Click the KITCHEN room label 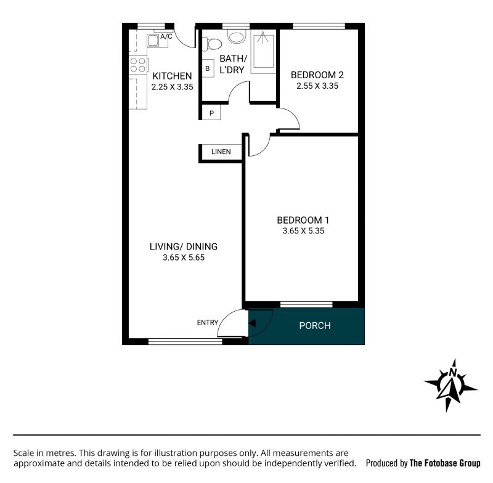(x=172, y=76)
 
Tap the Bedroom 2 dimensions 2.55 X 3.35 (x=317, y=86)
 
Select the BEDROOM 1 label (x=303, y=220)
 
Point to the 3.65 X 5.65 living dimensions (x=184, y=258)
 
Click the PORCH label (x=315, y=325)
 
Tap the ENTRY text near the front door (x=208, y=322)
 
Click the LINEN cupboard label (x=221, y=152)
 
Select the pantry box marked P (x=211, y=113)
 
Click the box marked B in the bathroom (x=208, y=68)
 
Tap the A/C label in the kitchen (x=166, y=37)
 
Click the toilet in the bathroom (x=213, y=44)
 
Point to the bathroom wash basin (x=237, y=37)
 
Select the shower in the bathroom (x=264, y=51)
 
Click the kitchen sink (x=153, y=41)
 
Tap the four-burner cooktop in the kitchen (x=138, y=65)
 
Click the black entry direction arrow (x=252, y=323)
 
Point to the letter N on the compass (x=453, y=372)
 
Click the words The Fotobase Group (x=445, y=463)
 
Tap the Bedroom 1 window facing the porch (x=306, y=304)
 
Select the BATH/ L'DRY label (x=233, y=64)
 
